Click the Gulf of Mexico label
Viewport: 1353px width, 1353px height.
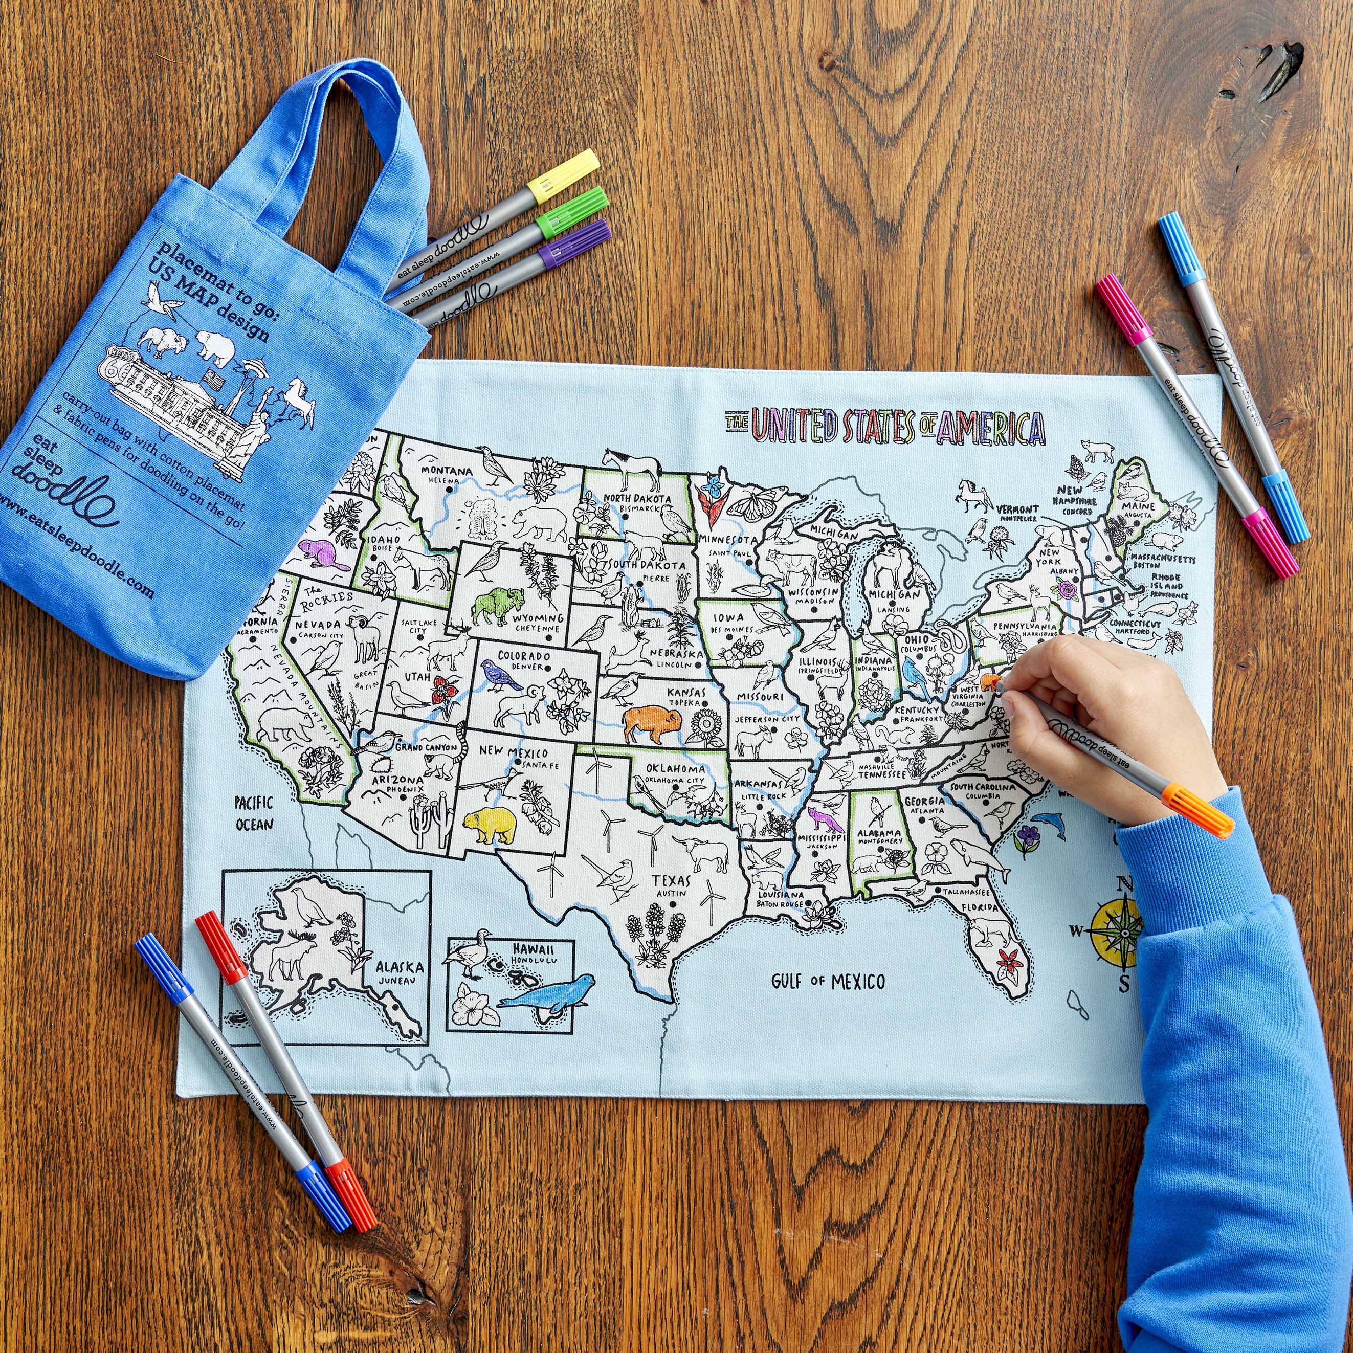pos(828,981)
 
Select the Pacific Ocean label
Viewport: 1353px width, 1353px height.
pos(254,813)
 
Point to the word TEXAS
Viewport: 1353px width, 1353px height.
pos(671,880)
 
